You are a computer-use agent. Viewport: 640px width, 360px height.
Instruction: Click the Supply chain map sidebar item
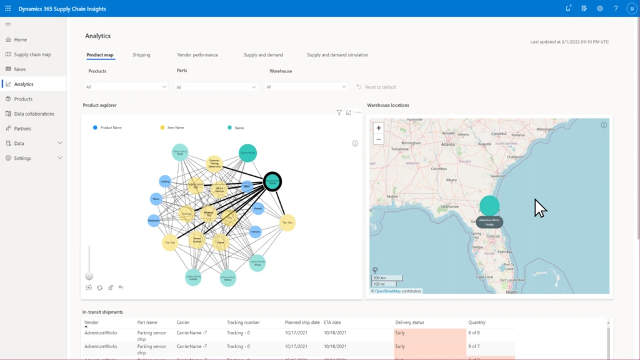click(x=32, y=54)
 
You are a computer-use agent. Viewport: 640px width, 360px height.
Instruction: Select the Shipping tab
click(x=141, y=55)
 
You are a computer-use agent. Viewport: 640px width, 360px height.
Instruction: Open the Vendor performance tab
click(x=197, y=55)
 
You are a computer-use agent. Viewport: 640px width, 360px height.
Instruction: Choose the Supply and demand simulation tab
click(x=337, y=55)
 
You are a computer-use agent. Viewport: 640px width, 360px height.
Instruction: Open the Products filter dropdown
click(x=126, y=87)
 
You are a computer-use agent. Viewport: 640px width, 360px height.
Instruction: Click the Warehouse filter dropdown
click(x=306, y=87)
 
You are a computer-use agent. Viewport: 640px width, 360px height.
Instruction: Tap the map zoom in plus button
click(x=378, y=127)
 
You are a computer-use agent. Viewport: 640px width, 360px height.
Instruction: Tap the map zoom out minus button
click(x=378, y=139)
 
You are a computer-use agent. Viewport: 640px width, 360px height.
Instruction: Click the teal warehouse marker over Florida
click(x=489, y=206)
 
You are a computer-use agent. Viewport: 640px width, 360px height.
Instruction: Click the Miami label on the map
click(x=512, y=292)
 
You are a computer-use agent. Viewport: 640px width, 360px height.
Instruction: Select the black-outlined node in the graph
click(x=272, y=181)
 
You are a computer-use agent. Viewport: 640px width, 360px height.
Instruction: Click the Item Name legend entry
click(x=176, y=127)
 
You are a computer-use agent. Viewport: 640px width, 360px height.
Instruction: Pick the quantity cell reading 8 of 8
click(x=474, y=332)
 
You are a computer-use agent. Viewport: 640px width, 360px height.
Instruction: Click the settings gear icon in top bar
click(x=599, y=8)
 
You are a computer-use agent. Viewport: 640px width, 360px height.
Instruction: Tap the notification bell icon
click(x=567, y=8)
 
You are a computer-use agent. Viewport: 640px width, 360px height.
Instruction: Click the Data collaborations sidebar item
click(x=34, y=114)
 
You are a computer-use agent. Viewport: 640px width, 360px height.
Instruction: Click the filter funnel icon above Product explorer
click(x=339, y=112)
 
